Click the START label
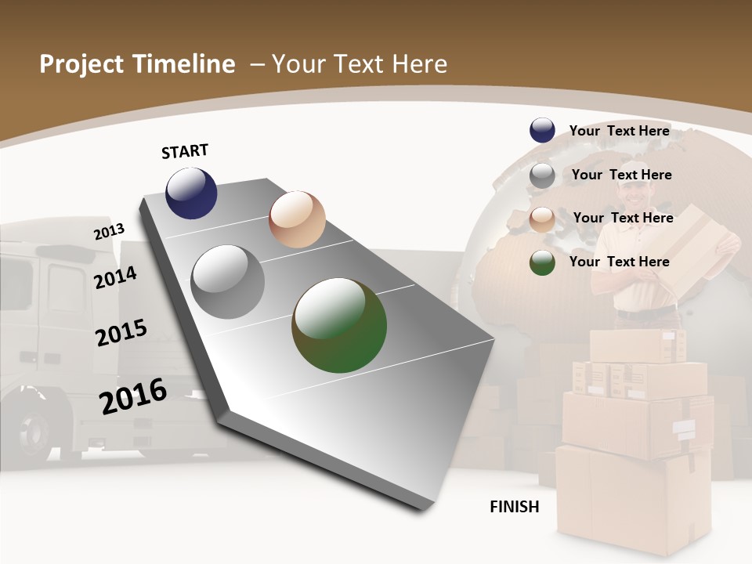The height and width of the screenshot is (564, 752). (x=185, y=151)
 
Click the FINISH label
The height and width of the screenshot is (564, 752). (x=515, y=507)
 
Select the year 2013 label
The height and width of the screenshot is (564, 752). (x=110, y=231)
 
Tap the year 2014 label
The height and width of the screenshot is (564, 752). (x=116, y=277)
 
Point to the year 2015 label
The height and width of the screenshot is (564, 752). (x=121, y=333)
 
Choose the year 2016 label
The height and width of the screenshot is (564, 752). (x=133, y=396)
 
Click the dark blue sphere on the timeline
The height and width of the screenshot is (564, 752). (x=191, y=193)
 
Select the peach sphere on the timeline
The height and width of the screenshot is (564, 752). (x=297, y=219)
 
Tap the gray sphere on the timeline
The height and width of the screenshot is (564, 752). (x=228, y=282)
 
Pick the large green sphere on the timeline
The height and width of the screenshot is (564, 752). (x=339, y=325)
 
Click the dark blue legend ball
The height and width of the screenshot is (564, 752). (x=542, y=131)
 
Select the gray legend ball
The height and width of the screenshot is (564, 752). (x=542, y=175)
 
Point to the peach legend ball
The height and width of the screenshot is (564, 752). (x=542, y=219)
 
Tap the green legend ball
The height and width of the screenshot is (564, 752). (x=542, y=262)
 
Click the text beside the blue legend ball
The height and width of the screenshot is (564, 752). (x=620, y=131)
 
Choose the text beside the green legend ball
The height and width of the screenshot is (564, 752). (x=620, y=262)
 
